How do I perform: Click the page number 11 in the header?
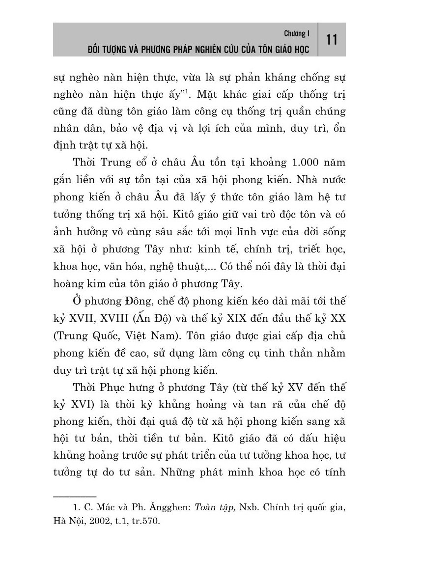point(332,39)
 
